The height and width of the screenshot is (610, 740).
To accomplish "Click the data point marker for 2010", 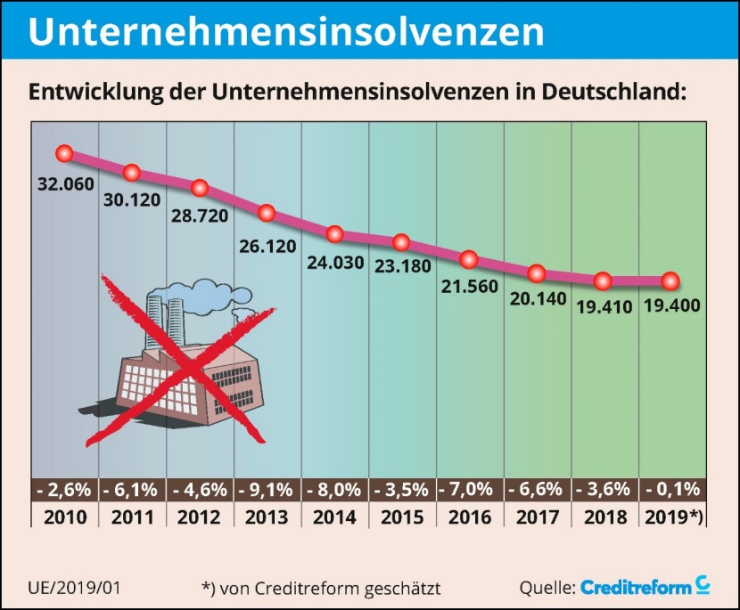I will tap(63, 153).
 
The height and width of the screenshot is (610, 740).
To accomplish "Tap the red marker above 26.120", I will tap(267, 214).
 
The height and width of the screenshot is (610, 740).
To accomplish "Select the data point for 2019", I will tap(670, 281).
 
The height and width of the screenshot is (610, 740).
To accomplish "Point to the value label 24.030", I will tap(334, 264).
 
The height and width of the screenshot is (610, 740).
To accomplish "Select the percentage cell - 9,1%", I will tap(267, 490).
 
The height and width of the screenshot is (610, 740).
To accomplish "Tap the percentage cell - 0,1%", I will tap(671, 490).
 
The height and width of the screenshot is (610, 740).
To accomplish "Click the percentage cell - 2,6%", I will tap(64, 490).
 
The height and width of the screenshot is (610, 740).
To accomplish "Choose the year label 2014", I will tap(334, 516).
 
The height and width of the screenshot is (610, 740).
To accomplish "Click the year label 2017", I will tap(537, 516).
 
